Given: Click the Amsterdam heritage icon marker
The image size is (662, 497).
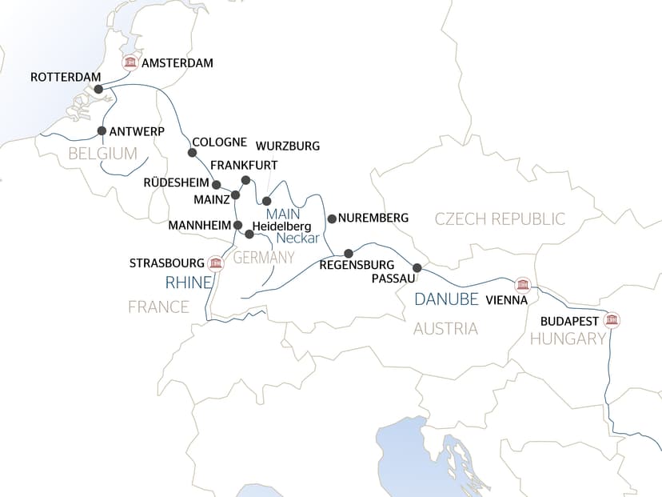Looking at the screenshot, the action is (129, 63).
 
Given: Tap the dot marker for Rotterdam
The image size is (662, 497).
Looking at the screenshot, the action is (98, 90).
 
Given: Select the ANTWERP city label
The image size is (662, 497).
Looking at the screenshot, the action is (136, 131).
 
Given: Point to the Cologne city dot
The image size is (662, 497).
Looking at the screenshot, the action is (192, 153).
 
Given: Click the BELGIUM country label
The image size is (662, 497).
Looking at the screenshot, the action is (103, 154).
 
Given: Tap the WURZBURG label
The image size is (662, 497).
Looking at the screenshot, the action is (287, 146).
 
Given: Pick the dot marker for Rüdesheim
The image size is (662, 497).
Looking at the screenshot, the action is (217, 183).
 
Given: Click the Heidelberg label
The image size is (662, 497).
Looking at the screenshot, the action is (281, 226).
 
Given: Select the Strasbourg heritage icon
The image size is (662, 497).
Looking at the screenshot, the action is (214, 263).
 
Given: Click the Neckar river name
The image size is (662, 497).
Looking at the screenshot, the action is (298, 238).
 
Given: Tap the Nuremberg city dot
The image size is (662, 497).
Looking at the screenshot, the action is (331, 218).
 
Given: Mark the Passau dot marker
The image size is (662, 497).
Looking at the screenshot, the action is (417, 268).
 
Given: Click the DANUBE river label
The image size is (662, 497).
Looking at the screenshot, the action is (446, 299).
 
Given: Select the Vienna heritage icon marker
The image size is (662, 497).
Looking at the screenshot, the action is (523, 285).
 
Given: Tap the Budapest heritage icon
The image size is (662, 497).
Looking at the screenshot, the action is (612, 321).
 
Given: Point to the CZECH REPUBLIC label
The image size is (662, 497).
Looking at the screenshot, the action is (500, 218).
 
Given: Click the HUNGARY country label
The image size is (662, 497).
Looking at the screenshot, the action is (568, 339).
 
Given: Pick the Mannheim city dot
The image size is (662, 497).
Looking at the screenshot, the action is (237, 225).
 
